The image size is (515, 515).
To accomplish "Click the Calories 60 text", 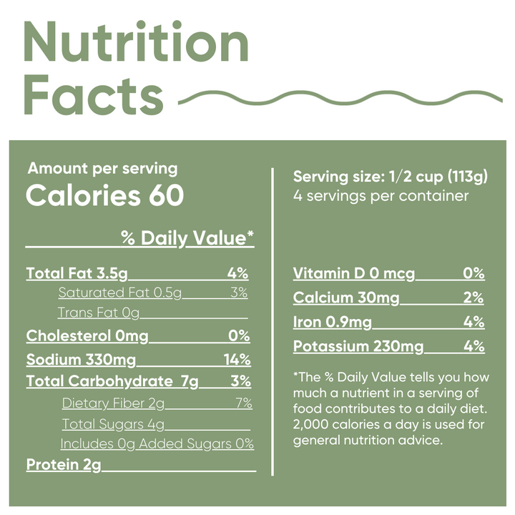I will (104, 195).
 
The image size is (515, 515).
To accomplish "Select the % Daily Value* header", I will (187, 238).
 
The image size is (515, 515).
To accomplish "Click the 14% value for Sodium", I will (235, 359).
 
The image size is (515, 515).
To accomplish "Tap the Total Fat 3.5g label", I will (77, 273).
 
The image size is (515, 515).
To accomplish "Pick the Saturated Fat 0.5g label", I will (120, 292).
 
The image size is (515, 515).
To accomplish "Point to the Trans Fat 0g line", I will (99, 313).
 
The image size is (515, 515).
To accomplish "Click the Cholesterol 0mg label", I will (87, 335).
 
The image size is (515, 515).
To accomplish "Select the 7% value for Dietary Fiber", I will (243, 403).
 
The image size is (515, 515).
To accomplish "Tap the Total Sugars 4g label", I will (113, 424).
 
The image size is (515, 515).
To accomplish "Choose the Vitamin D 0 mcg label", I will (354, 273).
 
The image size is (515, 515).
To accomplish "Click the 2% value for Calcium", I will (474, 298).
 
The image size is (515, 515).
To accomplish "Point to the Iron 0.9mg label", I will (333, 322).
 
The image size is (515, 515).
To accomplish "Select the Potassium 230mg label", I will (358, 347).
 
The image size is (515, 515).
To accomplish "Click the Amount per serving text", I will (102, 169).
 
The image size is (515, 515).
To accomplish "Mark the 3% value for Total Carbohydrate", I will (240, 381).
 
